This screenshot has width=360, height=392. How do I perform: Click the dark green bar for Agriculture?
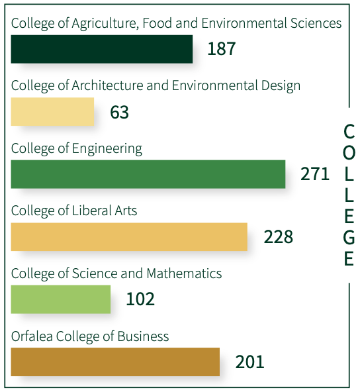(102, 49)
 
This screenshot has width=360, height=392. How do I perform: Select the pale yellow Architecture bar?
(52, 111)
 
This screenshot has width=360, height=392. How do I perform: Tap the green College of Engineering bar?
(148, 174)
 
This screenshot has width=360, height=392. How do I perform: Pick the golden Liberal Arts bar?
(129, 236)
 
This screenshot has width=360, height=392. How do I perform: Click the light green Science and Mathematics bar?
(61, 299)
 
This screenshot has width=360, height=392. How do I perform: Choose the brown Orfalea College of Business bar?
(115, 362)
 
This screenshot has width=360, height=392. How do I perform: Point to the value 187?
(222, 49)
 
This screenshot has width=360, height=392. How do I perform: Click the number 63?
(119, 112)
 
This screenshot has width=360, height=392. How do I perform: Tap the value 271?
(315, 174)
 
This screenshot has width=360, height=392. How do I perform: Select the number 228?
(279, 236)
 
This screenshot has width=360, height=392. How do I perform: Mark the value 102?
(140, 299)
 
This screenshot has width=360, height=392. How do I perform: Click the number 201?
(249, 362)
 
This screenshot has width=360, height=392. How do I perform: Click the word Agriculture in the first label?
(105, 24)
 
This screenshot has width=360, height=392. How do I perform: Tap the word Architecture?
(107, 85)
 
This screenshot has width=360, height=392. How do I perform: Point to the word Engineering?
(107, 149)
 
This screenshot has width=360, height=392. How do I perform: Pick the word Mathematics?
(184, 273)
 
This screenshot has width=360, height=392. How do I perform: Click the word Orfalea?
(32, 336)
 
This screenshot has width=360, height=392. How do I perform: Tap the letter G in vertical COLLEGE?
(349, 237)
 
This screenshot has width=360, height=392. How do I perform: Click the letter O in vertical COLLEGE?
(349, 152)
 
